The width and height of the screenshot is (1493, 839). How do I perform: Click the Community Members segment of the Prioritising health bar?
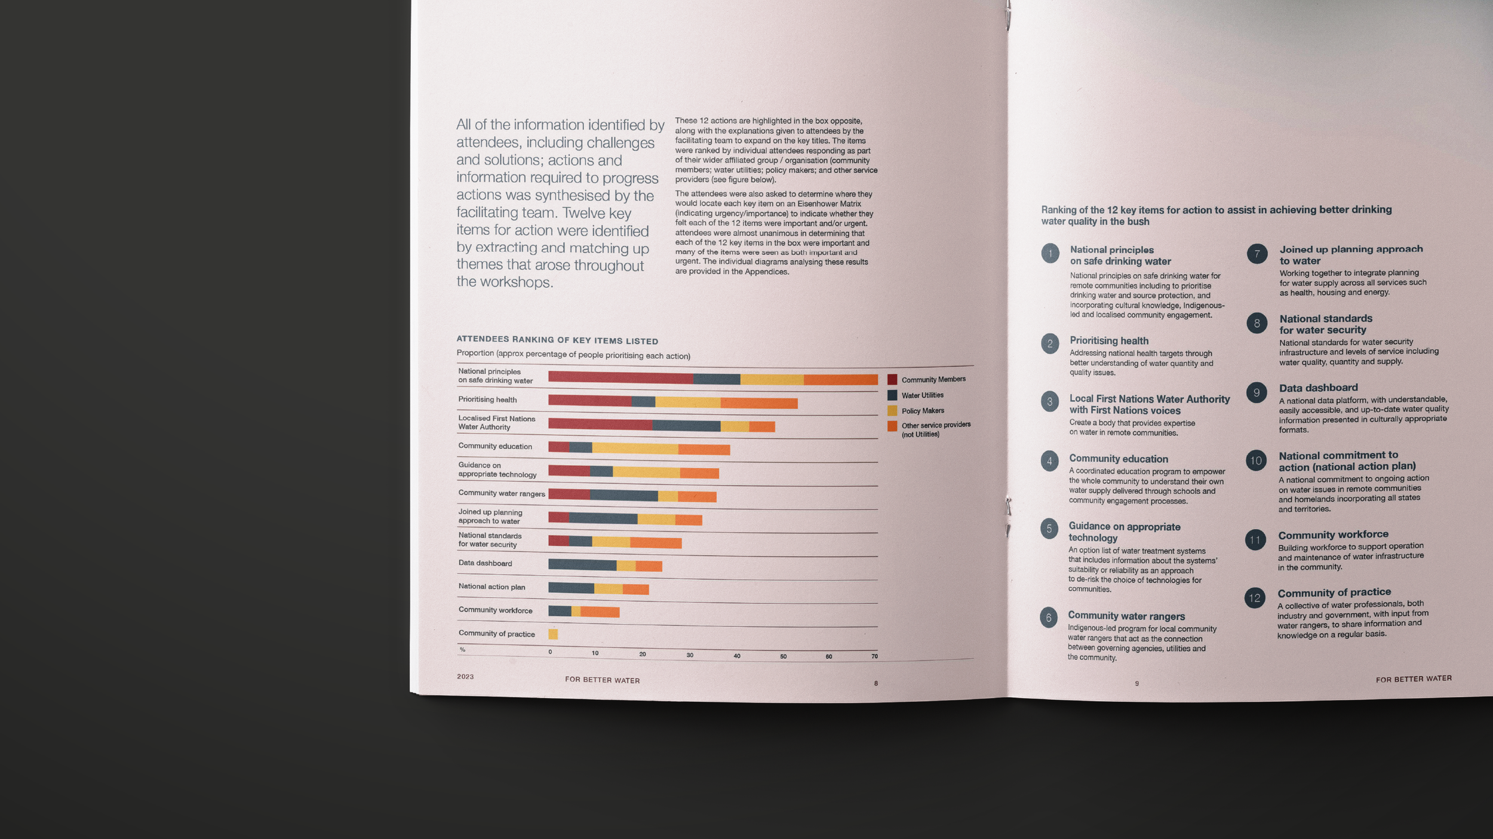[x=589, y=401]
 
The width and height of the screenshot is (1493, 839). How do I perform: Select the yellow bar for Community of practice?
[x=553, y=634]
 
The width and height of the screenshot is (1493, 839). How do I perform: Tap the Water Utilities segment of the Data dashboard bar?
[x=582, y=564]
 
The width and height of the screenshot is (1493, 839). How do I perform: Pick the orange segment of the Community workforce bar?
[x=600, y=612]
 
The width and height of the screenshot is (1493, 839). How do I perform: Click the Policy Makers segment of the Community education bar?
[x=635, y=448]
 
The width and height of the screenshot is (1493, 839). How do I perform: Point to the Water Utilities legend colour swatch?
[x=892, y=395]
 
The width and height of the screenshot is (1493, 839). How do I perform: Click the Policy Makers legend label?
[x=923, y=411]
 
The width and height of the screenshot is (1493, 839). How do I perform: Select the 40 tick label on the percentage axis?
[x=737, y=656]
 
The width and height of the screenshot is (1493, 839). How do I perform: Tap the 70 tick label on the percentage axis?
[x=874, y=656]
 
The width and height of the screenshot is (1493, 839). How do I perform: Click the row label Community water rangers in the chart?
[x=501, y=493]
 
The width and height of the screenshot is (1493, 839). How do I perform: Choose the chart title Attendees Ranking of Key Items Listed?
[x=557, y=340]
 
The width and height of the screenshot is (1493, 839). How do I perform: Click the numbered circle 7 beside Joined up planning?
[x=1257, y=254]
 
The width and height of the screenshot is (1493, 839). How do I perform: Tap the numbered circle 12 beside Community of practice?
[x=1255, y=598]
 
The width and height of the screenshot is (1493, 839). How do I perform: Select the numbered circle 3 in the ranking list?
[x=1050, y=402]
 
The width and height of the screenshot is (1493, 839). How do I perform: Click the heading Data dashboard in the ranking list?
[x=1318, y=388]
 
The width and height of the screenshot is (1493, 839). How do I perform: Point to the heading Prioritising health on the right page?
[x=1109, y=340]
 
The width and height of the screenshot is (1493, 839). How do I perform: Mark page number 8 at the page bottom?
[x=876, y=683]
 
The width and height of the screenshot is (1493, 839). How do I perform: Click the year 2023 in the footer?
[x=465, y=677]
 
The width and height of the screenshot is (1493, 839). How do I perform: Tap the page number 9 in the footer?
[x=1136, y=683]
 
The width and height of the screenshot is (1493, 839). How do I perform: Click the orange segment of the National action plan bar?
[x=635, y=589]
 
